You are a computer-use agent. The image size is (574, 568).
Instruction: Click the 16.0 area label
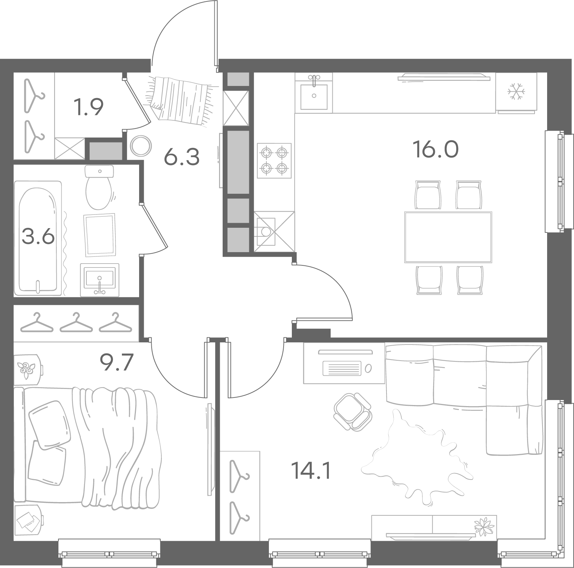436,149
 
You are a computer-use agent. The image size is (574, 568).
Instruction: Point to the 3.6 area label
38,237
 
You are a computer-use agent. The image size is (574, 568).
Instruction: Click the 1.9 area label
88,107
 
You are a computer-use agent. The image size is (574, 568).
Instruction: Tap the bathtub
38,238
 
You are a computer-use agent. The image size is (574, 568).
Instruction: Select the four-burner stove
274,160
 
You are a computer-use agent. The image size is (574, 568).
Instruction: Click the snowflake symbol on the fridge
516,92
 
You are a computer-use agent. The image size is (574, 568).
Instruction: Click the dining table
448,237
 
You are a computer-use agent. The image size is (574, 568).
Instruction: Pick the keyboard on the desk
342,368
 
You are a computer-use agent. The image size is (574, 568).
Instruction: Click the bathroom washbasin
100,280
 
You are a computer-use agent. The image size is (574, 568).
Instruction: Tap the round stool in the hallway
141,146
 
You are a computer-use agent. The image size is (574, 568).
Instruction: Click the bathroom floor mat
100,235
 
